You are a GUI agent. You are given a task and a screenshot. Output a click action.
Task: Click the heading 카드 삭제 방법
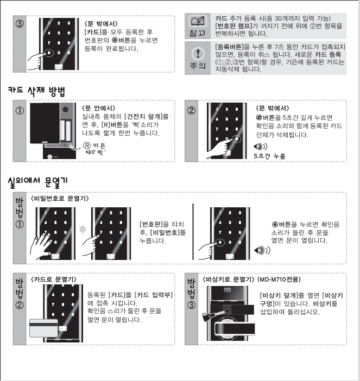pyautogui.click(x=37, y=91)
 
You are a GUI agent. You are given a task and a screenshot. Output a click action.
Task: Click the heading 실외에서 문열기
pyautogui.click(x=37, y=182)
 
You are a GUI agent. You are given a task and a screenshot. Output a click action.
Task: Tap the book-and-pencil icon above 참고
pyautogui.click(x=198, y=21)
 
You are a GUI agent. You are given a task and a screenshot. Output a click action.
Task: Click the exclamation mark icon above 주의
pyautogui.click(x=198, y=53)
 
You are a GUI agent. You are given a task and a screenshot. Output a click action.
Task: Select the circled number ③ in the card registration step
pyautogui.click(x=20, y=24)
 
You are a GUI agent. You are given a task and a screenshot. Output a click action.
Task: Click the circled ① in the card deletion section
pyautogui.click(x=20, y=111)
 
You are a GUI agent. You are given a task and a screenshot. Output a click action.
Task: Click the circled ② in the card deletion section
pyautogui.click(x=191, y=111)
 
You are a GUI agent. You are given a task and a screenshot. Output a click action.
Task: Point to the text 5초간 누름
pyautogui.click(x=269, y=156)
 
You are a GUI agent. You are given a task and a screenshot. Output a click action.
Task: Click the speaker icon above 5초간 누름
pyautogui.click(x=260, y=147)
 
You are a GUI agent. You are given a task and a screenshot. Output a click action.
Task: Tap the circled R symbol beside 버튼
pyautogui.click(x=87, y=145)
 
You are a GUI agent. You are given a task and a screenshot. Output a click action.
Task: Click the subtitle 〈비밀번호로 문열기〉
pyautogui.click(x=60, y=199)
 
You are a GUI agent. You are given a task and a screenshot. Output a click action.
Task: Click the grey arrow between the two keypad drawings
pyautogui.click(x=83, y=229)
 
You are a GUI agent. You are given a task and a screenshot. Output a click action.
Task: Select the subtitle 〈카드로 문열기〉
pyautogui.click(x=53, y=280)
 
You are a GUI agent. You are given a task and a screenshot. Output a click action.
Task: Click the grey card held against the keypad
pyautogui.click(x=44, y=328)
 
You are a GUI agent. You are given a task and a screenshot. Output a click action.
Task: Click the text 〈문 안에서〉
pyautogui.click(x=98, y=108)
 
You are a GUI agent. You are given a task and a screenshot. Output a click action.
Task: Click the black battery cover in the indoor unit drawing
pyautogui.click(x=45, y=123)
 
